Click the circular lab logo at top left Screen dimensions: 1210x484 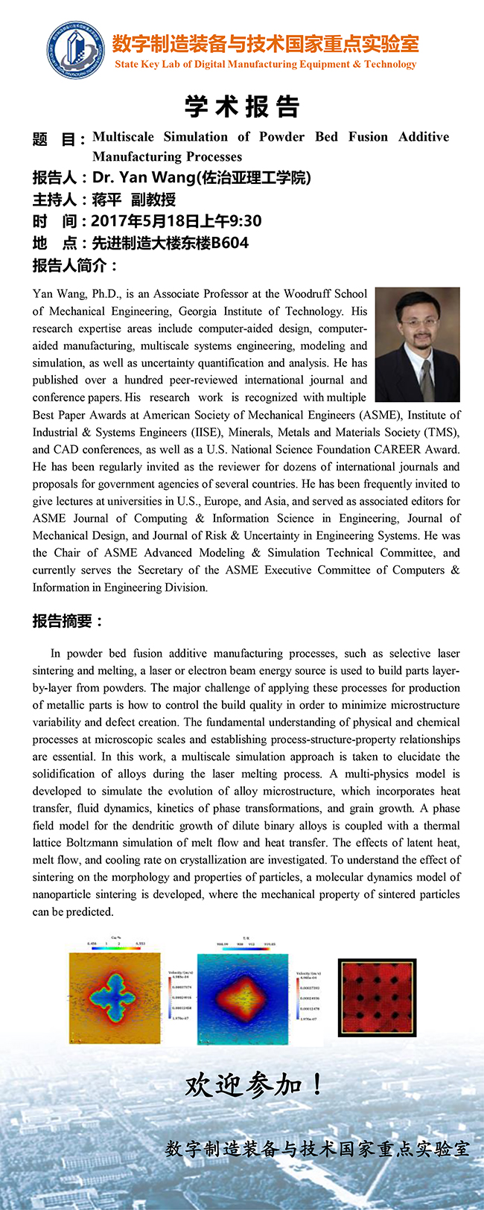coord(75,50)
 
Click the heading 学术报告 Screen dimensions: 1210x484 coord(242,106)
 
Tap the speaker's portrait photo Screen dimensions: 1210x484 coord(417,344)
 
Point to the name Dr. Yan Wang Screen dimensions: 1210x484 coord(141,177)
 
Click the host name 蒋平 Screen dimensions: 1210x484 coord(106,200)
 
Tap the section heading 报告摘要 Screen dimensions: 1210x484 coord(68,621)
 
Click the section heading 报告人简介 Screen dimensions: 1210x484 coord(74,266)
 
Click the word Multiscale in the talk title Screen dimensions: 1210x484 coord(123,137)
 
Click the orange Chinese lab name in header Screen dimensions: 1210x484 coord(265,43)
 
